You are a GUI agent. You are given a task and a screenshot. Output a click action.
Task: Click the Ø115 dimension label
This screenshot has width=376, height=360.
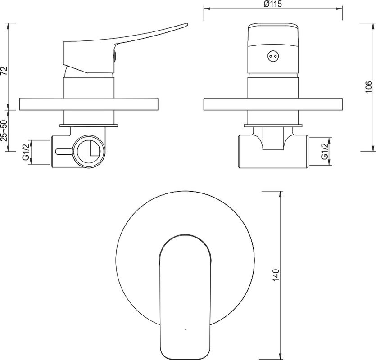pyautogui.click(x=273, y=4)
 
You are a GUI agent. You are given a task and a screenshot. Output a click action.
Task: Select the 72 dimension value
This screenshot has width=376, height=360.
pyautogui.click(x=5, y=71)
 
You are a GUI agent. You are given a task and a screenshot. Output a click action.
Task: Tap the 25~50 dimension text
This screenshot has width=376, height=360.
pyautogui.click(x=5, y=131)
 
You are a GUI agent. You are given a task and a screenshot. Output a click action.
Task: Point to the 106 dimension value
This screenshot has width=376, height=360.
pyautogui.click(x=369, y=87)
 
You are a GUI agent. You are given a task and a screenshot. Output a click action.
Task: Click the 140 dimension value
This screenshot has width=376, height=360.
pyautogui.click(x=276, y=274)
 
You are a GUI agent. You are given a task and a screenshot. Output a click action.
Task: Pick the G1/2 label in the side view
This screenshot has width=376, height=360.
pyautogui.click(x=26, y=151)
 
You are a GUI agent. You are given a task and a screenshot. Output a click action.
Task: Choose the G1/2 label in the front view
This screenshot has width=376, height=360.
pyautogui.click(x=325, y=152)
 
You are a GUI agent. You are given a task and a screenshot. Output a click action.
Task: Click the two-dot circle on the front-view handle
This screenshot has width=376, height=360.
pyautogui.click(x=273, y=57)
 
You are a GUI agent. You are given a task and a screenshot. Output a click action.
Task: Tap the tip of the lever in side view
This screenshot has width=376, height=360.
pyautogui.click(x=186, y=24)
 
